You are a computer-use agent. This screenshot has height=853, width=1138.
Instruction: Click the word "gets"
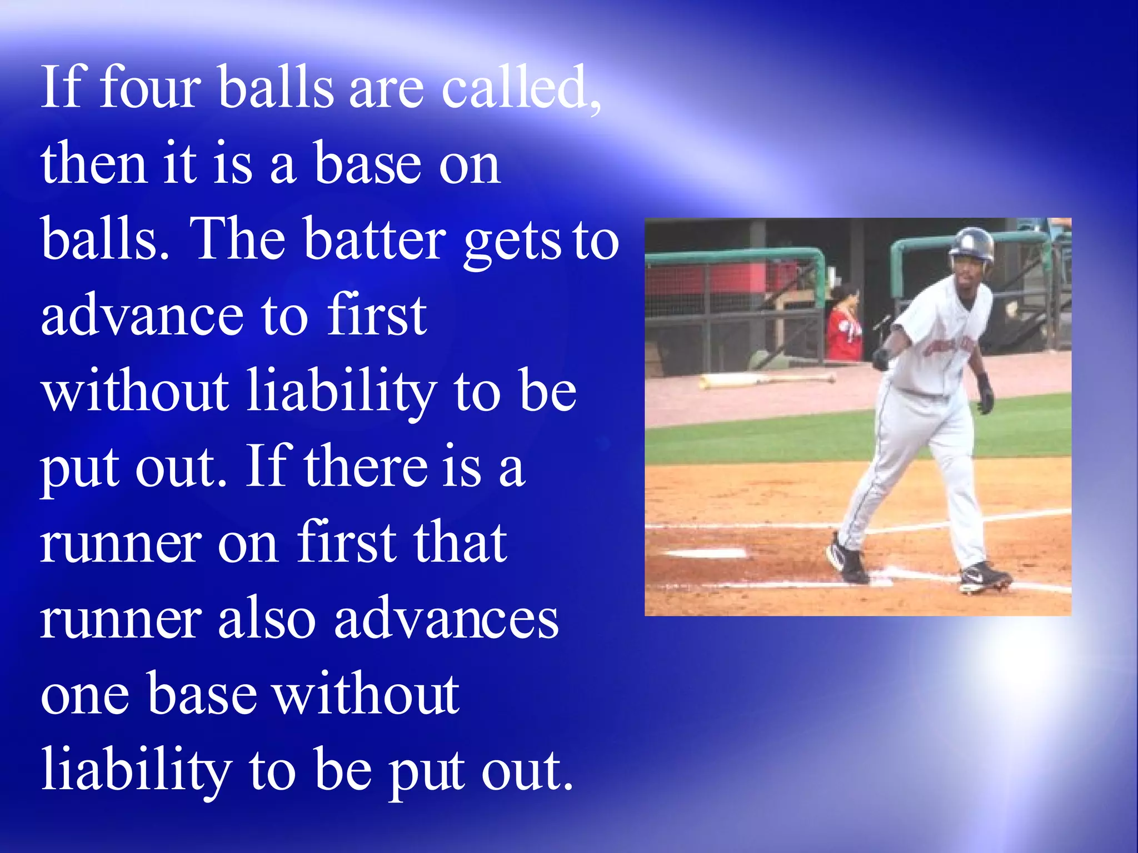coord(512,242)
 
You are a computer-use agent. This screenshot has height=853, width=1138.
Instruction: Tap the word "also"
coord(267,619)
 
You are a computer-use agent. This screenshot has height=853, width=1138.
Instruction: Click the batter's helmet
coord(972,244)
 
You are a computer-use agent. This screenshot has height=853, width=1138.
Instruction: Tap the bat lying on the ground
coord(767,380)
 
